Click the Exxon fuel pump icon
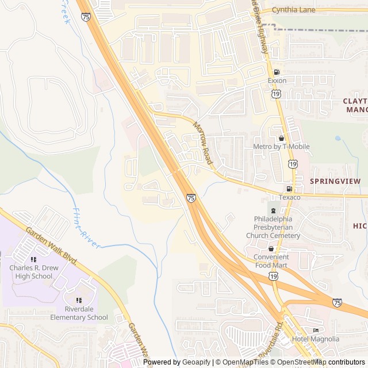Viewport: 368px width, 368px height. click(277, 72)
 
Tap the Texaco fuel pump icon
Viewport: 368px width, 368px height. click(289, 189)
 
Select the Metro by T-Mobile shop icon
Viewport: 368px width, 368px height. click(281, 138)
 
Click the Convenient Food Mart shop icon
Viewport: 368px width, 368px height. click(271, 248)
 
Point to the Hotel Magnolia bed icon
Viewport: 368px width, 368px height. click(316, 330)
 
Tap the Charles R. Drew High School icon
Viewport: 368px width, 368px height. click(33, 259)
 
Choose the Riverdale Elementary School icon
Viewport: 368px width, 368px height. click(79, 300)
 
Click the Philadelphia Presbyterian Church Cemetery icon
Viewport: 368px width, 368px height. click(273, 211)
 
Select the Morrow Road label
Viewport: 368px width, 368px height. click(202, 143)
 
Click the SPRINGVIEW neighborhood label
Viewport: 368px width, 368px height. click(335, 181)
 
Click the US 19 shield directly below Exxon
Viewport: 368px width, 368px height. click(277, 94)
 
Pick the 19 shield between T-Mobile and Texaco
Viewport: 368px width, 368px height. click(293, 164)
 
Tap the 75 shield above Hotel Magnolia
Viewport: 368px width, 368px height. click(337, 302)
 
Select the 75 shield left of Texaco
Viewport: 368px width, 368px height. click(190, 198)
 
